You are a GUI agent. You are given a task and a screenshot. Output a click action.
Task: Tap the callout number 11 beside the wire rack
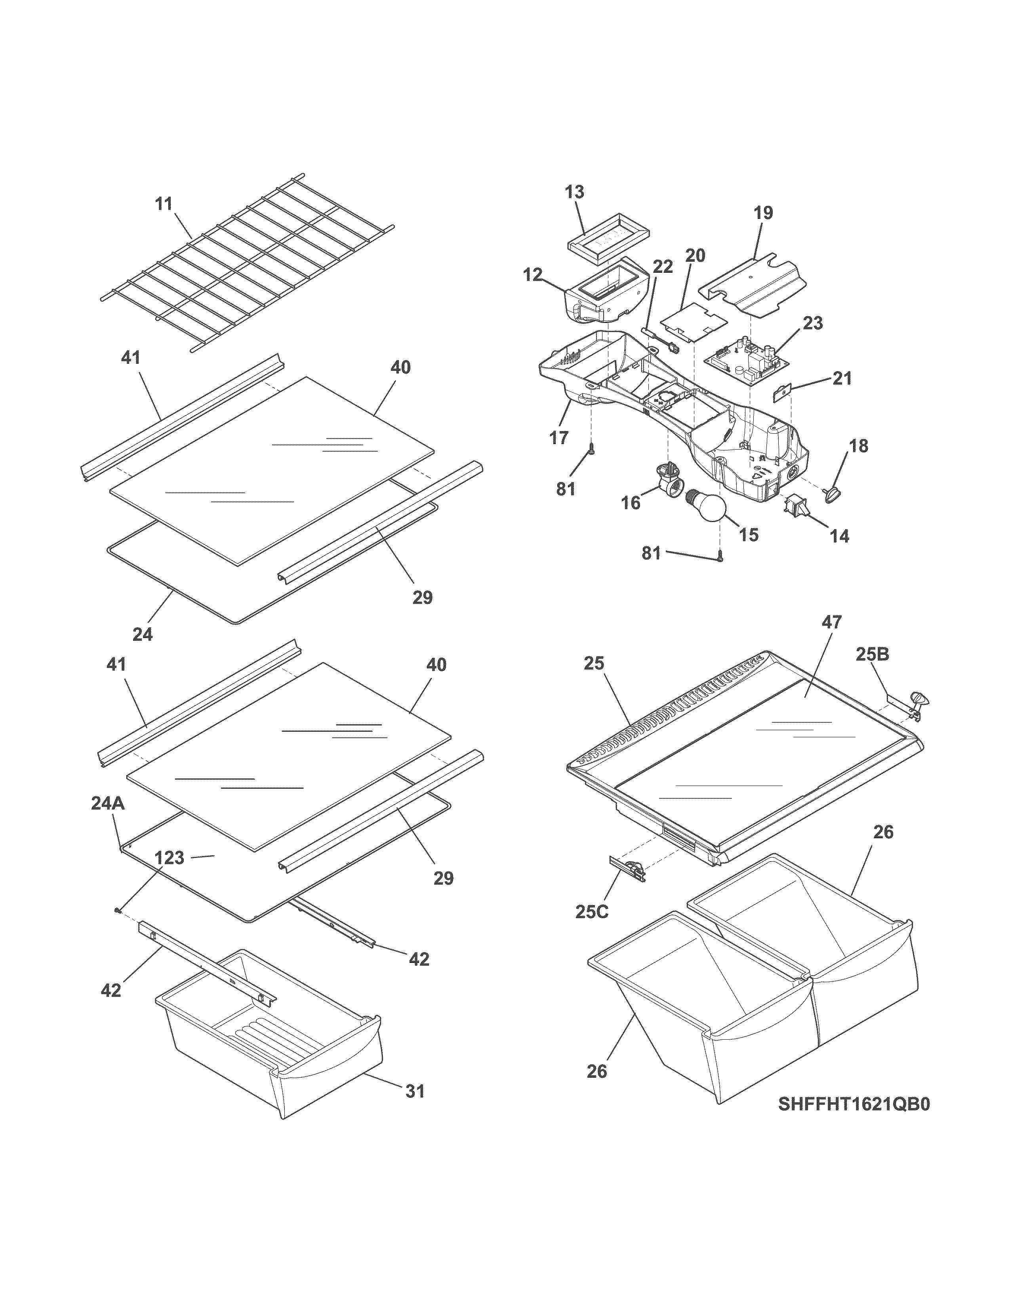coord(163,203)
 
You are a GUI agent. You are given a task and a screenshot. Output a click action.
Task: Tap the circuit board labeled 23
coord(744,363)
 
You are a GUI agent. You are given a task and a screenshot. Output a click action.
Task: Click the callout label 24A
coord(108,803)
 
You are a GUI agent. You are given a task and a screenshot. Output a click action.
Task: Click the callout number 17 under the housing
coord(559,438)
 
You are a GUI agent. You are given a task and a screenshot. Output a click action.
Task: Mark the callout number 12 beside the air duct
coord(532,275)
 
